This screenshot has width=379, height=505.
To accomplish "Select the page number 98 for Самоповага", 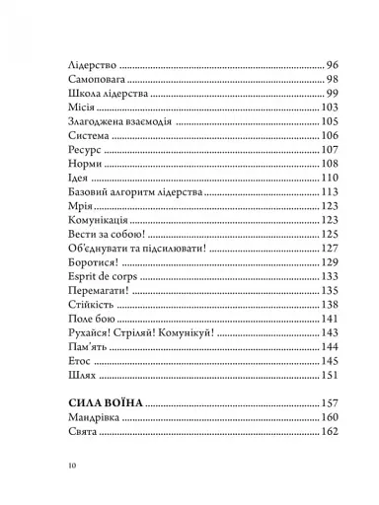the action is (x=332, y=78).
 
